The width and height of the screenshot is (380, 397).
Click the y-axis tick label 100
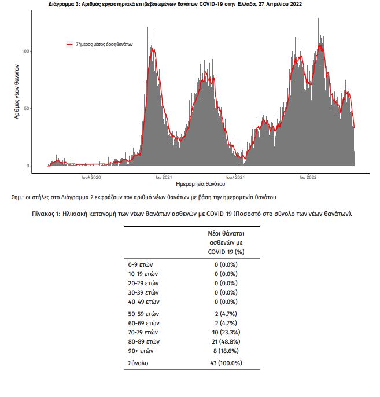[x=25, y=51]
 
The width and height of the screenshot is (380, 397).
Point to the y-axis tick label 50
[x=26, y=108]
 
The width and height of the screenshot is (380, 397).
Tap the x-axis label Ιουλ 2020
[x=91, y=177]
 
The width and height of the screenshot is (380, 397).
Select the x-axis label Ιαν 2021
[x=164, y=177]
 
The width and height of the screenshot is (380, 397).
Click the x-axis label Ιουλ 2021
[x=235, y=177]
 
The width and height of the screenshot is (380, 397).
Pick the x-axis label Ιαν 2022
[x=308, y=177]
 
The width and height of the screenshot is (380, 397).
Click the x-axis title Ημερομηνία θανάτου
[x=200, y=184]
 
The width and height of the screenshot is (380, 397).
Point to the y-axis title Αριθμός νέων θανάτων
[x=16, y=91]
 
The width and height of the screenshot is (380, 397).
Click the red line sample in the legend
[x=69, y=45]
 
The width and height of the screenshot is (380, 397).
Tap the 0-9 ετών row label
[x=141, y=265]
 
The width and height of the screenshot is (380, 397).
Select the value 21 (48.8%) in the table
[x=226, y=342]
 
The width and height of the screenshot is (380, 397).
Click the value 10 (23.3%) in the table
[x=226, y=332]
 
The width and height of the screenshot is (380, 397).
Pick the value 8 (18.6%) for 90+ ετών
[x=226, y=351]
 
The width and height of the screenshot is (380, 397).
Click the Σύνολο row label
[x=138, y=363]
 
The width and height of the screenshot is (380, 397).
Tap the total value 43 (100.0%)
[x=226, y=363]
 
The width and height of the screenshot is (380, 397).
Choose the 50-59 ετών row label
[x=143, y=314]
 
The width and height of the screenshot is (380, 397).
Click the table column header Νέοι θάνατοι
[x=226, y=233]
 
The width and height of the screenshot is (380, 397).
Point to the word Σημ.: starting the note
[x=17, y=197]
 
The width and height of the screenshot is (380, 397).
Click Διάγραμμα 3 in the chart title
[x=64, y=4]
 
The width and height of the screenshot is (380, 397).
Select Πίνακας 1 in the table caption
[x=46, y=214]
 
